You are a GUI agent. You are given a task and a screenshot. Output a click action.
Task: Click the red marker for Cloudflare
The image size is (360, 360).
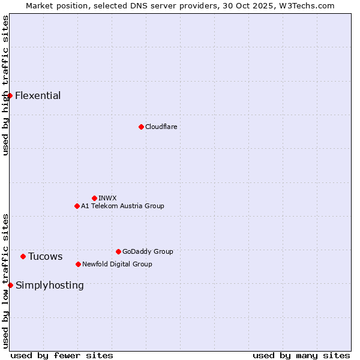pyautogui.click(x=141, y=127)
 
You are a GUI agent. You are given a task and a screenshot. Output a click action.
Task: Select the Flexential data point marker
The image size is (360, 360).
pyautogui.click(x=10, y=95)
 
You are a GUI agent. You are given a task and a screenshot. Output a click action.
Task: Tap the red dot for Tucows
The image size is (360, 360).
pyautogui.click(x=23, y=256)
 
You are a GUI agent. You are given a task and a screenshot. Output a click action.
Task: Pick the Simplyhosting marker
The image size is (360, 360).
pyautogui.click(x=10, y=285)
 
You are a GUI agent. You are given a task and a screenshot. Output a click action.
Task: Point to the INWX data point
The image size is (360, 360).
pyautogui.click(x=94, y=198)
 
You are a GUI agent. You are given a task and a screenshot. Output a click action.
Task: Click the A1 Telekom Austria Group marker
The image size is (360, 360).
pyautogui.click(x=77, y=206)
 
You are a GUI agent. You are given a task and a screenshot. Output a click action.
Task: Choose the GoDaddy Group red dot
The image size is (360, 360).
pyautogui.click(x=118, y=251)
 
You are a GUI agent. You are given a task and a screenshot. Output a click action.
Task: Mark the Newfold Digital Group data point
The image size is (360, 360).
pyautogui.click(x=78, y=264)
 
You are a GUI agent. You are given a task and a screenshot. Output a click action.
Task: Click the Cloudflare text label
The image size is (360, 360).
pyautogui.click(x=161, y=127)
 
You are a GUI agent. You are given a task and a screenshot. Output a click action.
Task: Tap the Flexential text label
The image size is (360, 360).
pyautogui.click(x=38, y=95)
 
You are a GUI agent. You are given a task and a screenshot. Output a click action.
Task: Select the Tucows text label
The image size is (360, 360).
pyautogui.click(x=45, y=256)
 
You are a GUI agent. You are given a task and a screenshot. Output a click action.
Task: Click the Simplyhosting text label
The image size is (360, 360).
pyautogui.click(x=50, y=285)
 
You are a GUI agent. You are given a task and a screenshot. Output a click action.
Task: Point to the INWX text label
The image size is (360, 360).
pyautogui.click(x=107, y=198)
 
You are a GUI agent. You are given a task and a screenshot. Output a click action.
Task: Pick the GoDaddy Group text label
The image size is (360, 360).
pyautogui.click(x=148, y=251)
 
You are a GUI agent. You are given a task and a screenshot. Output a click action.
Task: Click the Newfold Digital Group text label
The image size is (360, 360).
pyautogui.click(x=117, y=264)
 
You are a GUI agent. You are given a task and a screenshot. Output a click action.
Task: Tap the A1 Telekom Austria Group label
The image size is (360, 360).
pyautogui.click(x=122, y=206)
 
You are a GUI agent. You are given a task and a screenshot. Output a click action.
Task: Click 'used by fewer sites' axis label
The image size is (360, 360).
pyautogui.click(x=62, y=355)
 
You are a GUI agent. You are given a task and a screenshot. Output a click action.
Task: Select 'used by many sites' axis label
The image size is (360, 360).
pyautogui.click(x=301, y=355)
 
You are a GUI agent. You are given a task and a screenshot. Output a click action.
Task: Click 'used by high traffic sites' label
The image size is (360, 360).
pyautogui.click(x=5, y=85)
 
